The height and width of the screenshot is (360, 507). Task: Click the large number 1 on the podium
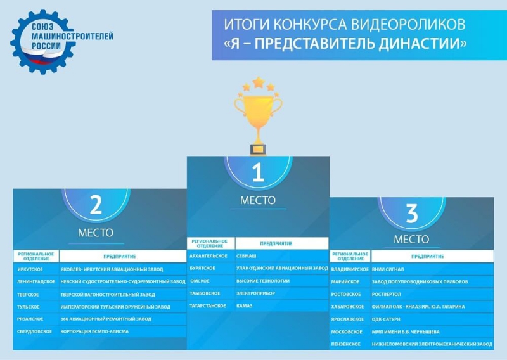258,172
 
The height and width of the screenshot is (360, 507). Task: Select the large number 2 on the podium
96,205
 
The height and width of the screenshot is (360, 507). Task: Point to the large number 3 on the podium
411,213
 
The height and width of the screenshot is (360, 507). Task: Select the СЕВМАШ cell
281,256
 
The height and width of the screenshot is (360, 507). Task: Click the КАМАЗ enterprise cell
281,305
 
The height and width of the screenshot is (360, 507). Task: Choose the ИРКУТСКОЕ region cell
36,269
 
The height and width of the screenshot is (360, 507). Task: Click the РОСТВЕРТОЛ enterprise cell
432,294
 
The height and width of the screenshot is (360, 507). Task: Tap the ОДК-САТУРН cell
432,319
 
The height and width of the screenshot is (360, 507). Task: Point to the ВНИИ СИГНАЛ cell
432,269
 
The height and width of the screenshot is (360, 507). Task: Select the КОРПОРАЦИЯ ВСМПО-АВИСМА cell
123,331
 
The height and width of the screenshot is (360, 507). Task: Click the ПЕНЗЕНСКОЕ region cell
350,344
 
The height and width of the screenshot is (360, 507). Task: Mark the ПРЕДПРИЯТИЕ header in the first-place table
276,243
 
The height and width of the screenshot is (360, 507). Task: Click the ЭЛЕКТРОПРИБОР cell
281,293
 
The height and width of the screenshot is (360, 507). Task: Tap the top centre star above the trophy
258,82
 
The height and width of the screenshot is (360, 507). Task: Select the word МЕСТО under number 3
411,240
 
